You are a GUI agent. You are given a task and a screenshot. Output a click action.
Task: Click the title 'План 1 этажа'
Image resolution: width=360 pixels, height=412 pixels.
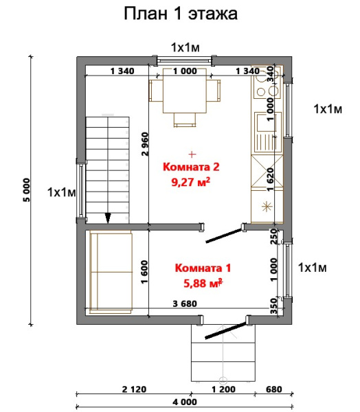[x=180, y=14]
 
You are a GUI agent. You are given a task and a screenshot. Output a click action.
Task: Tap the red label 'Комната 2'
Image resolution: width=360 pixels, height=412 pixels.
[x=190, y=167]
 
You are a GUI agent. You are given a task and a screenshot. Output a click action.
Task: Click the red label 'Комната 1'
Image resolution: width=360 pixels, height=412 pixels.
[x=203, y=268]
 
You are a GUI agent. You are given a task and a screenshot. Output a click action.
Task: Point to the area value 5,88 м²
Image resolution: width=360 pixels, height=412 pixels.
[x=203, y=283]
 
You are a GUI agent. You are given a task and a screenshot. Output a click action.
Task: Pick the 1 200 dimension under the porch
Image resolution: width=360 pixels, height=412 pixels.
[x=223, y=389]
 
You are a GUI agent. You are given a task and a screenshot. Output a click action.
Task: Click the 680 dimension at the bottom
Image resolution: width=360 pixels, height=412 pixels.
[x=273, y=389]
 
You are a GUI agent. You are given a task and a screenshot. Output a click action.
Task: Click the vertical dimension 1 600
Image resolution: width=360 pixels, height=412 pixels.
[x=144, y=268]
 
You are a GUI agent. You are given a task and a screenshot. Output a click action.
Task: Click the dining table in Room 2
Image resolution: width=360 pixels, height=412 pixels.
[x=183, y=95]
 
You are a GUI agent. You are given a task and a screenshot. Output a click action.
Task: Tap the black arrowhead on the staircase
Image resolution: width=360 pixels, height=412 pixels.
[x=108, y=218]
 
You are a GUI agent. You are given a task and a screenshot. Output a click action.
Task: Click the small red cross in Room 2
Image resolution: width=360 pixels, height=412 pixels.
[x=192, y=152]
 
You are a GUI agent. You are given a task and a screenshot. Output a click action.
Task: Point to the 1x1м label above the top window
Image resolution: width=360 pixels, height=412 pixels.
[x=185, y=47]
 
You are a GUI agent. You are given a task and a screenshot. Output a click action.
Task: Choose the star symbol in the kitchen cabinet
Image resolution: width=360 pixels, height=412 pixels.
[x=266, y=206]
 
